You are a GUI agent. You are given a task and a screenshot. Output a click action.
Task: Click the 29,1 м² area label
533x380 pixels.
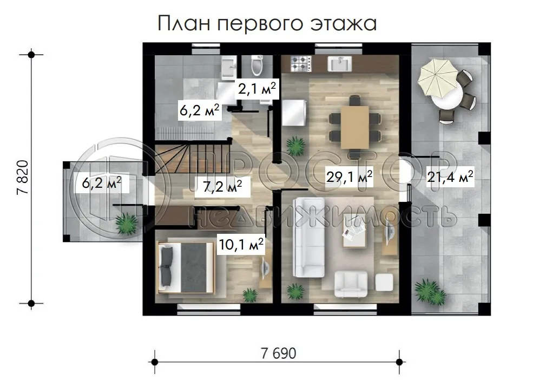pos(348,176)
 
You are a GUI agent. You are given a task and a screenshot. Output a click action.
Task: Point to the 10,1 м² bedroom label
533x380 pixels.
pos(241,245)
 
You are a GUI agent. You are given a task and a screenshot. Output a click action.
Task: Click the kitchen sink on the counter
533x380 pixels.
pos(340,64)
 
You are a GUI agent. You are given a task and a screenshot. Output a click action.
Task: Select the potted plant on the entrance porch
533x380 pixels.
pos(127,223)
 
